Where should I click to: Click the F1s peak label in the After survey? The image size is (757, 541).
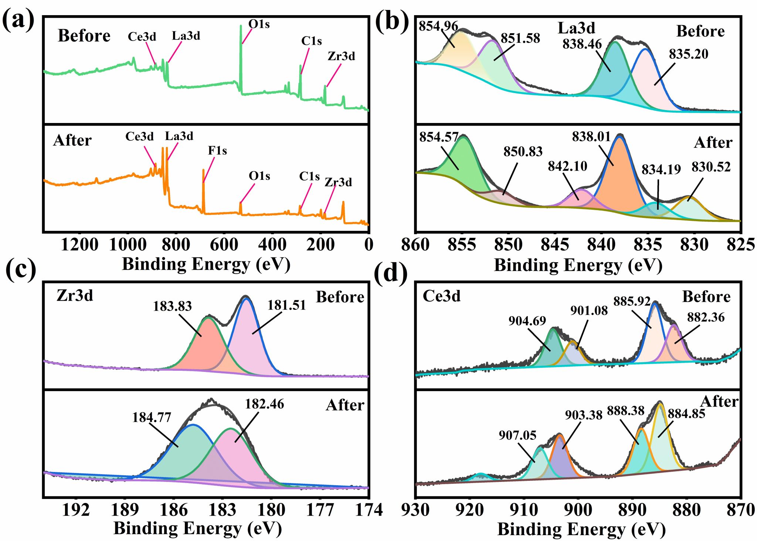click(x=217, y=151)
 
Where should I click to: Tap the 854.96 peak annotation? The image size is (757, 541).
click(x=438, y=26)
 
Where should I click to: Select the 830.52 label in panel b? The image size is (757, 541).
click(x=711, y=167)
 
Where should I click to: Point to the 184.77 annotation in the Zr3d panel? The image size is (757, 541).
click(x=152, y=417)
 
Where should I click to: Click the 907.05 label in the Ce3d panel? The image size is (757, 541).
click(x=517, y=435)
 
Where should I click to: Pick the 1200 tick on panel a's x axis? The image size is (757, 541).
click(x=79, y=245)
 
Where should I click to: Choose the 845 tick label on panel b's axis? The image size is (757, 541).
click(x=555, y=245)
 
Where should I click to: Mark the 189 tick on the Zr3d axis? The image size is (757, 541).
click(x=125, y=510)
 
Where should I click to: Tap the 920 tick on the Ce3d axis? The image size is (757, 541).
click(x=470, y=510)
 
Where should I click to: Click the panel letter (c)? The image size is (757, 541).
click(x=21, y=270)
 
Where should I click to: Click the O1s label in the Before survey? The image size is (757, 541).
click(x=259, y=24)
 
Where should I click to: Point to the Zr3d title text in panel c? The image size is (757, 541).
click(x=75, y=296)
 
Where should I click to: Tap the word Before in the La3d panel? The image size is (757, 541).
click(x=700, y=31)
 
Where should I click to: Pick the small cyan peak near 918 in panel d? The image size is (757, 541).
click(x=480, y=477)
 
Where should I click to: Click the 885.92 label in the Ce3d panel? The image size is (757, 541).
click(x=632, y=301)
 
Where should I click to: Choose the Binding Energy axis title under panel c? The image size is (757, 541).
click(x=197, y=528)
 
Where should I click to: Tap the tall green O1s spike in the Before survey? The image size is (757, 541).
click(x=241, y=55)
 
